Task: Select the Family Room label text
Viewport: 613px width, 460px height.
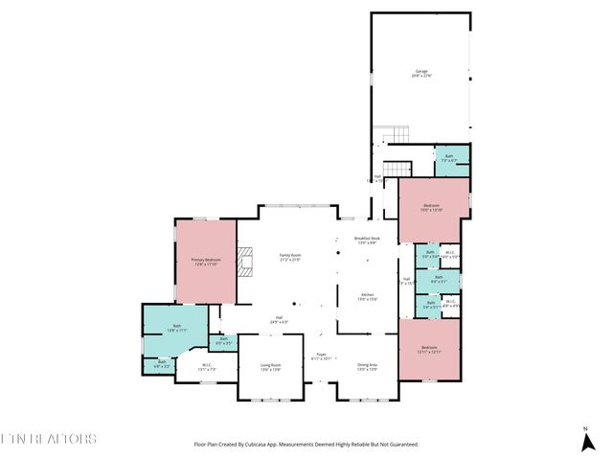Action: tap(289, 257)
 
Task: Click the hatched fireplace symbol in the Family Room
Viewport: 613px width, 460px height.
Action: tap(245, 260)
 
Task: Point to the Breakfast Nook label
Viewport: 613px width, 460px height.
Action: tap(368, 240)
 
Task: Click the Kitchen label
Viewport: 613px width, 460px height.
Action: tap(368, 297)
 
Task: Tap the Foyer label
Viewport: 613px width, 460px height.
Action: tap(322, 356)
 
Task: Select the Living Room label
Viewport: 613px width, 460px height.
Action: tap(270, 367)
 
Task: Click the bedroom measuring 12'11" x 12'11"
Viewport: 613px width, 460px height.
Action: tap(429, 351)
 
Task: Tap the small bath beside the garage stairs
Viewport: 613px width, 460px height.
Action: tap(448, 158)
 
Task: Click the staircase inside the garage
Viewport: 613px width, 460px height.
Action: tap(384, 135)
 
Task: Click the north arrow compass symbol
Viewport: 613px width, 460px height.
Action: tap(585, 440)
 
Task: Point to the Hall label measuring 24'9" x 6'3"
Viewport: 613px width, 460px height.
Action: tap(280, 320)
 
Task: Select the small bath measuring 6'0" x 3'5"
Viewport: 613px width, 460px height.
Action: tap(223, 340)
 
